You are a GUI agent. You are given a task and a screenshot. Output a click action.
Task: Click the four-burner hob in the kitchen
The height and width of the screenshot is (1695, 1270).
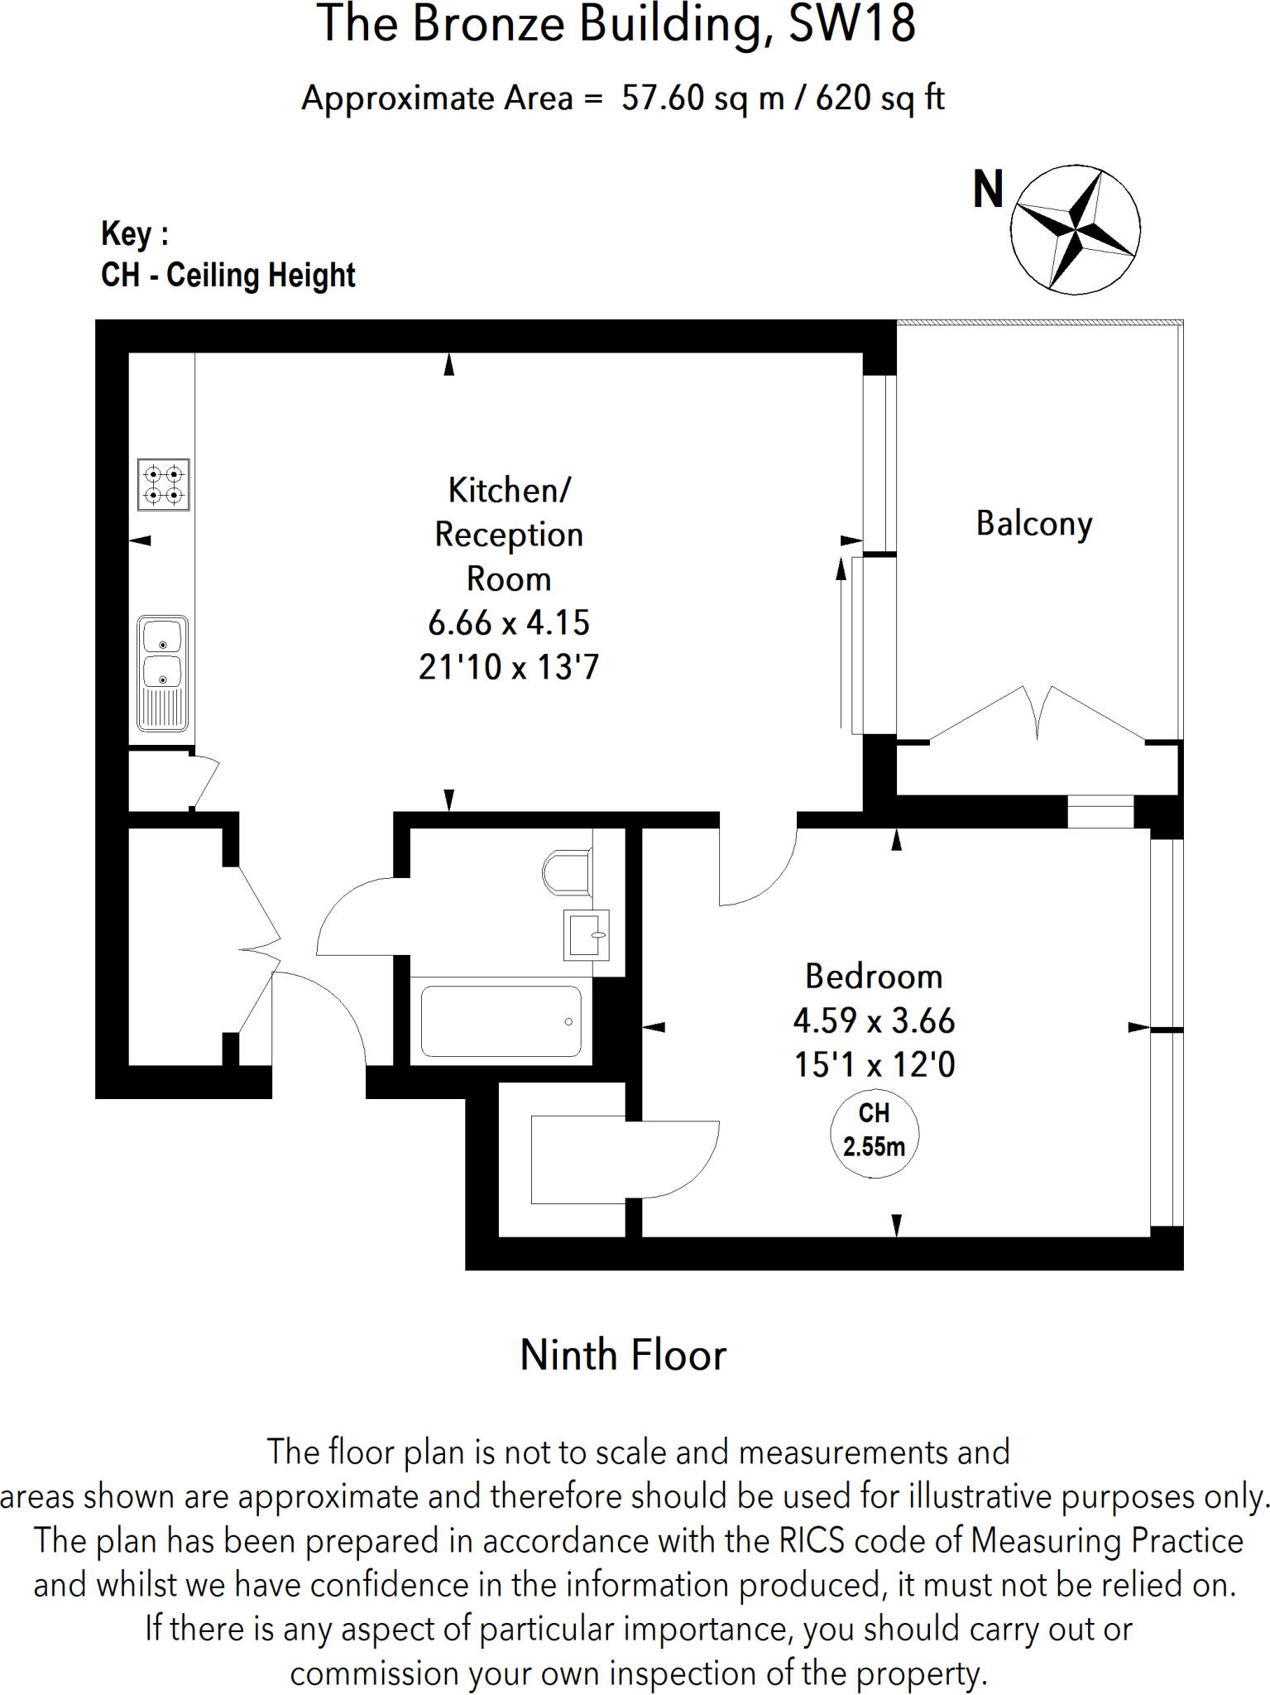163,485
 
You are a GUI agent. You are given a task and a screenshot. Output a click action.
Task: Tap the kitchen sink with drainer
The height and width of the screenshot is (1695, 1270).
162,674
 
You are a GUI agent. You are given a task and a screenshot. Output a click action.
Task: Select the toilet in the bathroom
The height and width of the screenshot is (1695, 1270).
568,872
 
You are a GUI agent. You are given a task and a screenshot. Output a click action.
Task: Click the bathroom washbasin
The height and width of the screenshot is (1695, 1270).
586,935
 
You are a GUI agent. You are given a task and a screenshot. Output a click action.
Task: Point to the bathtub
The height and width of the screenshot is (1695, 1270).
501,1021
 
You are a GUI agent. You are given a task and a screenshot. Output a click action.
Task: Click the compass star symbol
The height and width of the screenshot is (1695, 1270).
1075,229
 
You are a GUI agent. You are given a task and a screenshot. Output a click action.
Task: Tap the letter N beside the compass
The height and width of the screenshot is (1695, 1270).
988,190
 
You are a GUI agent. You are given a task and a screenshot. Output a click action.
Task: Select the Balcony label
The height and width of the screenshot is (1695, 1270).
1034,524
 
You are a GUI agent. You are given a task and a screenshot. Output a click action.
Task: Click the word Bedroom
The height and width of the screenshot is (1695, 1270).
874,977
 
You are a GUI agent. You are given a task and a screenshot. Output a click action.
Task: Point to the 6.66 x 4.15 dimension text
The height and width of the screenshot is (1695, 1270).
509,622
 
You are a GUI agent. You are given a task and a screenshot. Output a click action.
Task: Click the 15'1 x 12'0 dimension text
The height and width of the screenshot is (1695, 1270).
875,1064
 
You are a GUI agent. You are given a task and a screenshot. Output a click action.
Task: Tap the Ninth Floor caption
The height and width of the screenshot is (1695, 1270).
623,1356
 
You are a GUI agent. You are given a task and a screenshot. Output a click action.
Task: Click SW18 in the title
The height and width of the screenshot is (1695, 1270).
852,24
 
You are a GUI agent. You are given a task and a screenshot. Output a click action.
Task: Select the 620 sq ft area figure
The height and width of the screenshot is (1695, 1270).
880,98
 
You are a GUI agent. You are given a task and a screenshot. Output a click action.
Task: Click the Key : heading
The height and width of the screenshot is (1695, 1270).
135,234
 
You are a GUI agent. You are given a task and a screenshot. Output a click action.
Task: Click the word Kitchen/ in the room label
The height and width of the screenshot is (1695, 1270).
509,491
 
